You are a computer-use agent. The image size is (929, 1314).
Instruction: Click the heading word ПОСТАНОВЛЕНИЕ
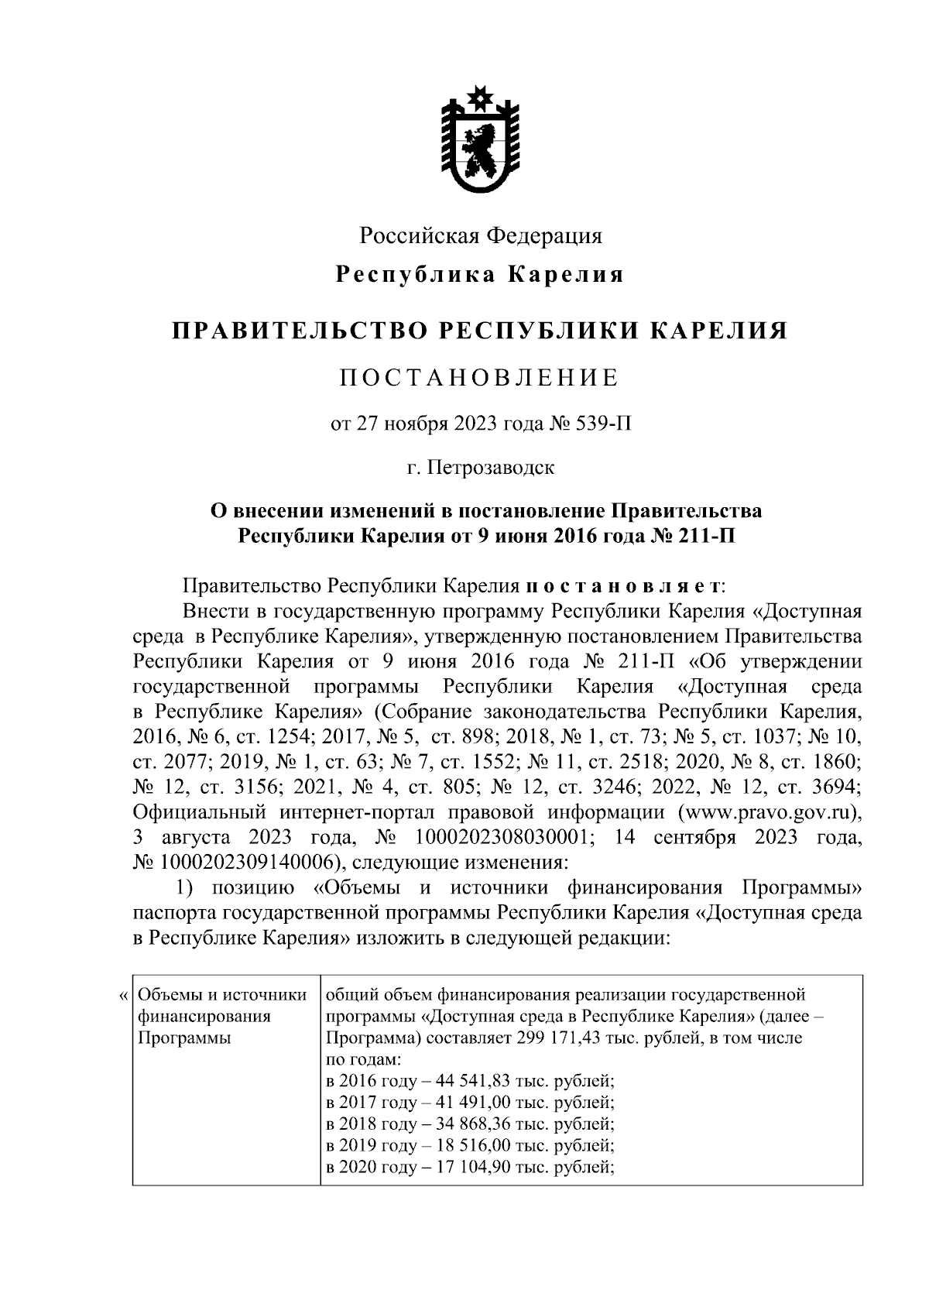(x=480, y=379)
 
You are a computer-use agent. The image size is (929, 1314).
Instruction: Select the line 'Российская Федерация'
(x=480, y=235)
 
